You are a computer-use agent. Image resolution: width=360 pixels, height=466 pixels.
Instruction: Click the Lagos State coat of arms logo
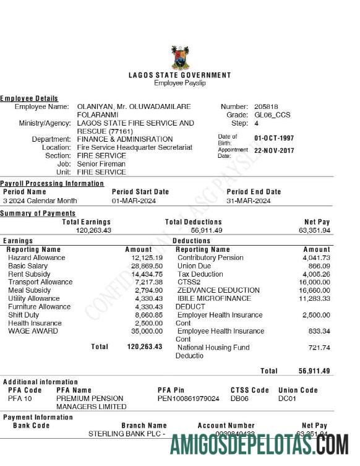(x=180, y=58)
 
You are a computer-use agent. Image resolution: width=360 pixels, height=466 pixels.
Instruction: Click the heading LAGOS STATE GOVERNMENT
(x=179, y=75)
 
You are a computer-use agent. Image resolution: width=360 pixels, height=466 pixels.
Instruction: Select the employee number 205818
(x=266, y=106)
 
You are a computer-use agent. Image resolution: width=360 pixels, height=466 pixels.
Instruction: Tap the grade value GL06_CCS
(x=272, y=114)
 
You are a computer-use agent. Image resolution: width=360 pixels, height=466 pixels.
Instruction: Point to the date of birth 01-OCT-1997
(x=274, y=138)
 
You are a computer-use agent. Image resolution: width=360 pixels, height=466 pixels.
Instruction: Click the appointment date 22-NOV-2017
(x=274, y=150)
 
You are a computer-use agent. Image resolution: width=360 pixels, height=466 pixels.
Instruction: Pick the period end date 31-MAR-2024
(x=248, y=201)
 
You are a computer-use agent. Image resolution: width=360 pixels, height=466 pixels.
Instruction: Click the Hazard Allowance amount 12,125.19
(x=147, y=257)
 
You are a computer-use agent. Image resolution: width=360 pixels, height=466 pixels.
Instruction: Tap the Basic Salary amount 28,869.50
(x=147, y=265)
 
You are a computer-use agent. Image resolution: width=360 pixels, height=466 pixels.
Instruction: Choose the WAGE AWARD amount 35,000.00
(x=147, y=330)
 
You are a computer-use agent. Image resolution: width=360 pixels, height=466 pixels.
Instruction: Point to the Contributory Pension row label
(x=210, y=257)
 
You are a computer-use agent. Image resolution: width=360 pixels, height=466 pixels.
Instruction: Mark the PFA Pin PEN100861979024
(x=188, y=399)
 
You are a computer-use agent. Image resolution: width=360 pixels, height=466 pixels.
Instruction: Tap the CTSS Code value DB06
(x=239, y=399)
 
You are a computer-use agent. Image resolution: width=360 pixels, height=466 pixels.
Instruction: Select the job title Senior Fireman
(x=101, y=164)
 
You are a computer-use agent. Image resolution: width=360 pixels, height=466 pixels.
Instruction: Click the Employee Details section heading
(x=29, y=98)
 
